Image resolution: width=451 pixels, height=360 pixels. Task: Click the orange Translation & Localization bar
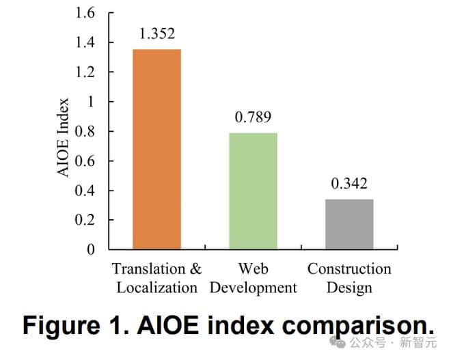point(156,149)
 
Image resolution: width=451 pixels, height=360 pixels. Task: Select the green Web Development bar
point(253,191)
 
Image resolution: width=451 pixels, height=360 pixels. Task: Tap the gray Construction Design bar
point(349,223)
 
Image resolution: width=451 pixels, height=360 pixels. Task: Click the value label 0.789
point(253,117)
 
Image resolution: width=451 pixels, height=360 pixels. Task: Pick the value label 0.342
point(349,184)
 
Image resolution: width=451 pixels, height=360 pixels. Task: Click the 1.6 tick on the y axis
point(85,13)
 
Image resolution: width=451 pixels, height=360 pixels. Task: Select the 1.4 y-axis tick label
point(85,42)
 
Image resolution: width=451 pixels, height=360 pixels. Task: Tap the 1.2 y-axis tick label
point(85,72)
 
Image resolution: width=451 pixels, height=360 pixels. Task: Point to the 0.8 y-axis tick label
point(85,131)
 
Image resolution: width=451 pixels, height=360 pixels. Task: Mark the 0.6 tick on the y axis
point(85,161)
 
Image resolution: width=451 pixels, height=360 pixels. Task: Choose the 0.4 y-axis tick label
point(85,191)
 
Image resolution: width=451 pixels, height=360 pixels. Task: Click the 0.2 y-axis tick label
point(85,220)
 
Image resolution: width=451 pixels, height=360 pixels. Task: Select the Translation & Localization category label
point(156,277)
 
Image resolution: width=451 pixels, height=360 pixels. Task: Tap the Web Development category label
point(253,277)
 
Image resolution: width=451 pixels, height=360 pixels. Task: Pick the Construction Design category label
point(349,277)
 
